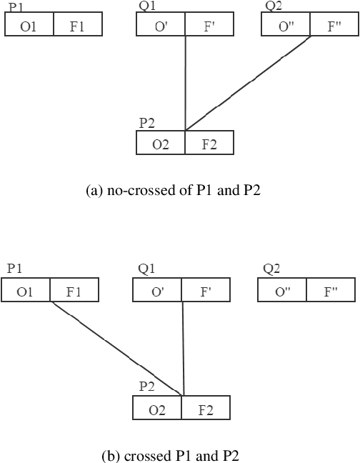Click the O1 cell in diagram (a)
tap(29, 26)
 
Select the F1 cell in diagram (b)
tap(74, 292)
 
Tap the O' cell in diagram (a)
tap(161, 26)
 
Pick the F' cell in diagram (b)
tap(206, 292)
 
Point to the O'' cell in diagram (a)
tap(286, 26)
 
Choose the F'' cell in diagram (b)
tap(331, 292)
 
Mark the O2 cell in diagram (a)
tap(161, 144)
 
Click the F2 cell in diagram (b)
tap(206, 409)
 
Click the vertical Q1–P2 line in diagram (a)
tap(186, 82)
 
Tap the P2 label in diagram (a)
tap(147, 123)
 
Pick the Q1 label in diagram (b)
tap(146, 269)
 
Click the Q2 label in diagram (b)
tap(271, 269)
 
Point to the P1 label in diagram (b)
tap(14, 269)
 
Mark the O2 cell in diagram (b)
tap(157, 409)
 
